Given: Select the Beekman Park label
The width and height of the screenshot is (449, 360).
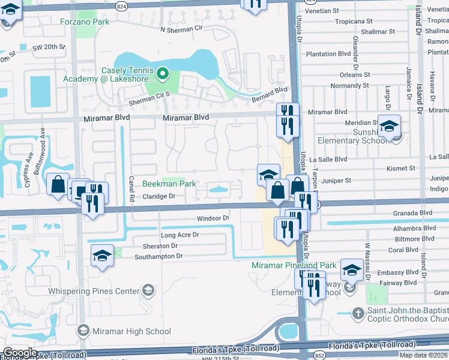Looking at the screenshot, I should click(x=169, y=184).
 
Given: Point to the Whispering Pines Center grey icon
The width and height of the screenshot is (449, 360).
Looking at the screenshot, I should click(x=147, y=292).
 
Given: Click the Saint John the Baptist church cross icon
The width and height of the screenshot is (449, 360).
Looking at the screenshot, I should click(x=357, y=313).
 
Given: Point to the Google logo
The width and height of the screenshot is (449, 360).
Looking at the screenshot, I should click(x=20, y=353).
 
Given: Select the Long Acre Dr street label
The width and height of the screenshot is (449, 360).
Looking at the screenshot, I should click(x=179, y=235).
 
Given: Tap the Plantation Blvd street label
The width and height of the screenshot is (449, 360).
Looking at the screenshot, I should click(x=328, y=54).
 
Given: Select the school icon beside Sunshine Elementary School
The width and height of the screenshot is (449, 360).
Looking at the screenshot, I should click(x=389, y=126).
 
